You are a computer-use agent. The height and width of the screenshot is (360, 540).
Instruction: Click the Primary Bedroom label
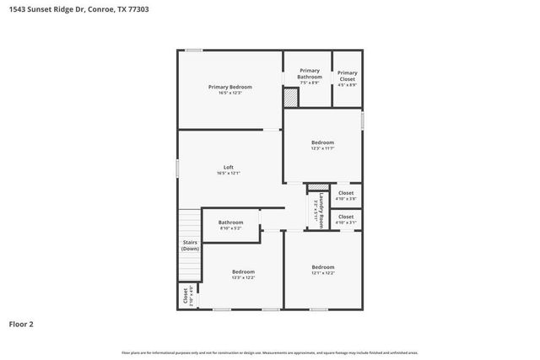229,87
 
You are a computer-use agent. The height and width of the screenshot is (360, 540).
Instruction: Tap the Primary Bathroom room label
309,73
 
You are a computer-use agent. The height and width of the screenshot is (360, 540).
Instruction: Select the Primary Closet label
347,73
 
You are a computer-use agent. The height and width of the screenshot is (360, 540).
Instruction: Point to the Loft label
228,167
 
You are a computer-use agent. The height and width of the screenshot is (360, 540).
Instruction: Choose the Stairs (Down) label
190,245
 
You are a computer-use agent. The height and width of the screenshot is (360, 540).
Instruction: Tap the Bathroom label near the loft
230,223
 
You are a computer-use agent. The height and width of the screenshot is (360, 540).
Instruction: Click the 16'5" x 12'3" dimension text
229,93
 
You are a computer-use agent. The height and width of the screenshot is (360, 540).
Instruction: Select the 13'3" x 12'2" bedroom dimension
243,277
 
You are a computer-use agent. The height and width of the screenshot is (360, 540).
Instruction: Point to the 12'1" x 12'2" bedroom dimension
322,273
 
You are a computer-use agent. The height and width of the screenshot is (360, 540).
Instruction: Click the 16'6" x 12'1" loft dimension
228,173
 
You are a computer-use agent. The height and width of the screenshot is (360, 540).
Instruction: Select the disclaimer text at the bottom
269,352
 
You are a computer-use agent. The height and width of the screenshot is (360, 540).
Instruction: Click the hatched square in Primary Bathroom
290,98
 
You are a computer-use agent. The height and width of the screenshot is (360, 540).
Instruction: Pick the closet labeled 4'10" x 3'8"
346,196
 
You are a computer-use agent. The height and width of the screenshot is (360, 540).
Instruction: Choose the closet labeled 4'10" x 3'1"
346,219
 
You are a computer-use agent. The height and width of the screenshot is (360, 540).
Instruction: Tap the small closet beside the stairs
186,297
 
